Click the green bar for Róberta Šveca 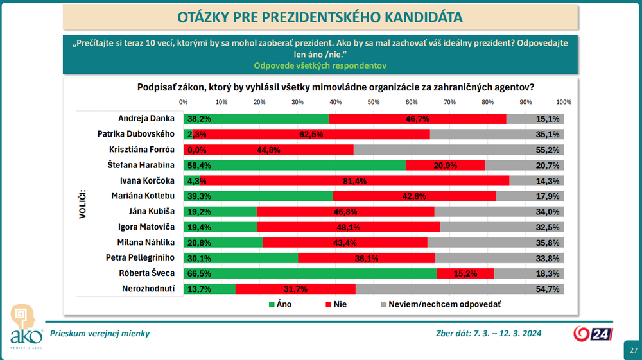tap(309, 273)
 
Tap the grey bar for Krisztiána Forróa tap(459, 150)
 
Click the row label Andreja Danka tap(146, 119)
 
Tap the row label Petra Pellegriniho tap(140, 258)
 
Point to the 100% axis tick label tap(564, 102)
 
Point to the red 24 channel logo tap(593, 334)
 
